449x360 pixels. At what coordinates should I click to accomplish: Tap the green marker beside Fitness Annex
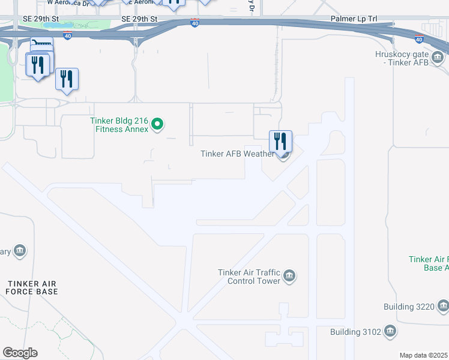click(x=157, y=125)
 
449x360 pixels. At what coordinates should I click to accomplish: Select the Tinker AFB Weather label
click(x=237, y=154)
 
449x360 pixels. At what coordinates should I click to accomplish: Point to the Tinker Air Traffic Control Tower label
click(x=249, y=277)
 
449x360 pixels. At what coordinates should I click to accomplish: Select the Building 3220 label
click(x=408, y=307)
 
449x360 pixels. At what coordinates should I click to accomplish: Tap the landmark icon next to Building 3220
click(x=442, y=307)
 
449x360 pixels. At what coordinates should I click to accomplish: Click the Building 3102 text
click(x=354, y=332)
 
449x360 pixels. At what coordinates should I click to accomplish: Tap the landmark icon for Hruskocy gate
click(x=437, y=58)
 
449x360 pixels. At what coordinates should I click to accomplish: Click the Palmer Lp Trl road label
click(x=354, y=19)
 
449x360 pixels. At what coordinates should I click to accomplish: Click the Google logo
click(x=19, y=353)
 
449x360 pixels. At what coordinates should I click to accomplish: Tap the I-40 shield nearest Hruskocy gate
click(x=418, y=40)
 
